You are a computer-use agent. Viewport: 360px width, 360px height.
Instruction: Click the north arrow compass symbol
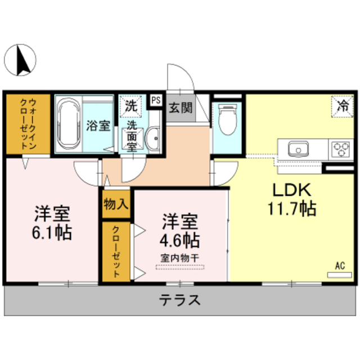point(20,60)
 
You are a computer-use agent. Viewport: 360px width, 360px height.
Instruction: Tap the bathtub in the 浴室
point(69,124)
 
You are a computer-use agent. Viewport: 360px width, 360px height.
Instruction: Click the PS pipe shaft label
point(156,100)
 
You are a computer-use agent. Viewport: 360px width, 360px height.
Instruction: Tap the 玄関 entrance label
point(181,108)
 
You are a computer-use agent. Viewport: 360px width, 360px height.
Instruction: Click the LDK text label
point(291,190)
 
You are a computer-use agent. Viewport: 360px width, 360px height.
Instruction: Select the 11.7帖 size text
point(291,209)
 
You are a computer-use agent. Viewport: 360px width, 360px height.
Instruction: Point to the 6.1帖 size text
point(52,232)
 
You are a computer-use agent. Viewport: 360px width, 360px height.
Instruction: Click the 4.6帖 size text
point(179,240)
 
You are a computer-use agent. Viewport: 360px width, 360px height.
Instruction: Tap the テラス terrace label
point(179,300)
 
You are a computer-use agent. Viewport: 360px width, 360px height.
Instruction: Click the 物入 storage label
point(116,204)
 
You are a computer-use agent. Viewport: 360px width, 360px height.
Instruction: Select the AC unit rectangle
point(339,275)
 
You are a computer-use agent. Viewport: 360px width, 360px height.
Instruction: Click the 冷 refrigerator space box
point(342,106)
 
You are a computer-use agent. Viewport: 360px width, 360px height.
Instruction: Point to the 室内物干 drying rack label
point(179,258)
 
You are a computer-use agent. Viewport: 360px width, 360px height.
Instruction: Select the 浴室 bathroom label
point(98,125)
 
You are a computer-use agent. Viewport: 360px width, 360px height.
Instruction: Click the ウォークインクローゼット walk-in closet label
point(28,124)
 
